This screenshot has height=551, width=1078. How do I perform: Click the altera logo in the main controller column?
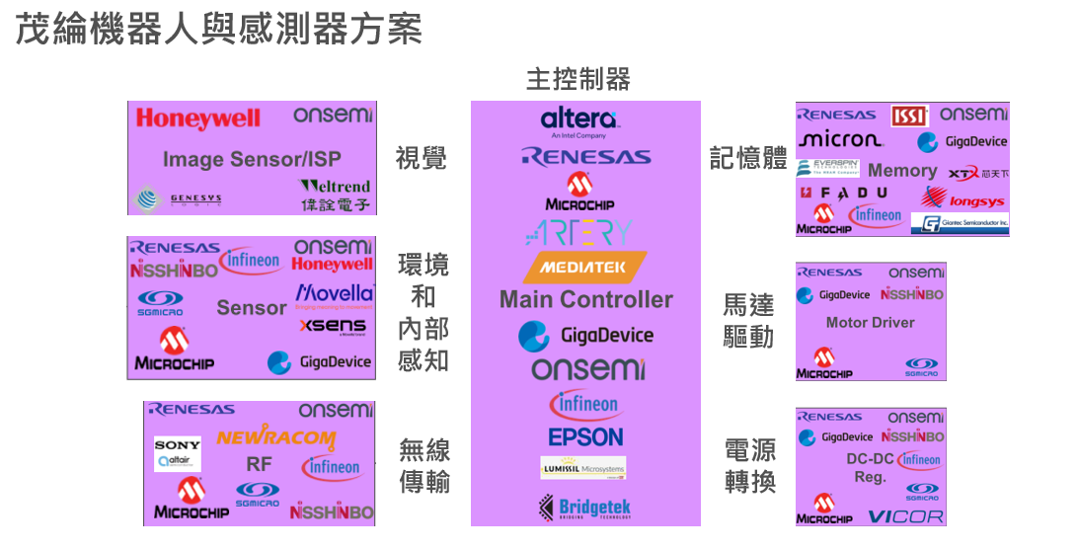tap(578, 120)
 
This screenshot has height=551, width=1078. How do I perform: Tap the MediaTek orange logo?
tap(586, 267)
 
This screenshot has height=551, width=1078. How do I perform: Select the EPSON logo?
tap(585, 436)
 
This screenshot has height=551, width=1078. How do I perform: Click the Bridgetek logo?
tap(585, 508)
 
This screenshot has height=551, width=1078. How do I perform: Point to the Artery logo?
tap(578, 233)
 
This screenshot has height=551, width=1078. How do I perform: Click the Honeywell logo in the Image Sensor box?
tap(198, 118)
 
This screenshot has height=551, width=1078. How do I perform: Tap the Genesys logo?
tap(179, 199)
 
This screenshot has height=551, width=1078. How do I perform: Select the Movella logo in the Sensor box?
tap(335, 294)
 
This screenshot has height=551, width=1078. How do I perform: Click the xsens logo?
tap(333, 326)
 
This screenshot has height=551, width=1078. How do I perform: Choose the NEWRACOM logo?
tap(275, 437)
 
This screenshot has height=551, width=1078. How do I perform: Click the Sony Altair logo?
tap(178, 453)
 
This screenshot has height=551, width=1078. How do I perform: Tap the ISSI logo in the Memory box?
tap(909, 117)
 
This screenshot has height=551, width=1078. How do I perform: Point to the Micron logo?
tap(840, 140)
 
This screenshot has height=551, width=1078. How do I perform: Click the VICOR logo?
tap(905, 516)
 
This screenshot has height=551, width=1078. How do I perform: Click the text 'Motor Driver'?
tap(870, 323)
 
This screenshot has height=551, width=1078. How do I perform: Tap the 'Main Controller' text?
tap(585, 299)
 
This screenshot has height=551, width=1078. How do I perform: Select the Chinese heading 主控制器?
tap(577, 79)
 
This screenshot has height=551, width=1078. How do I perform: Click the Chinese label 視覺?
tap(422, 158)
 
